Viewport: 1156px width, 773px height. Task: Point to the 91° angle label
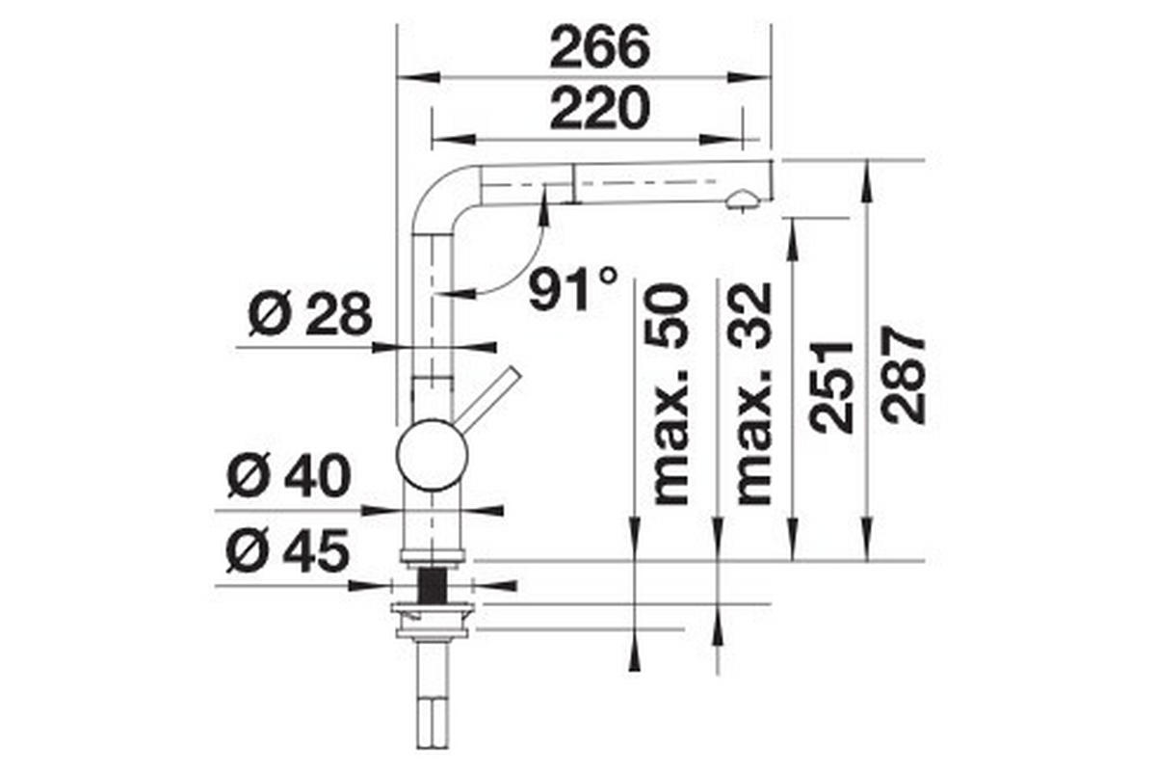(x=572, y=287)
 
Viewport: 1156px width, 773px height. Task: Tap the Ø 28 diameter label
(x=308, y=315)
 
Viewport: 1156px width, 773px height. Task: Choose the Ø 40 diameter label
(x=288, y=477)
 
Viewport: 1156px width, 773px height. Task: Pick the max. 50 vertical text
(x=671, y=394)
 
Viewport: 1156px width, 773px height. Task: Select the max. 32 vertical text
(x=754, y=394)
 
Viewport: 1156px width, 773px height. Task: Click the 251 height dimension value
(x=831, y=386)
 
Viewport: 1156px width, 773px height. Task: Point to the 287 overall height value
(x=906, y=376)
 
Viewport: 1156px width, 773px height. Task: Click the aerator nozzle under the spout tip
(x=742, y=200)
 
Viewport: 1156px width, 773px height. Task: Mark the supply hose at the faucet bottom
(x=433, y=704)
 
